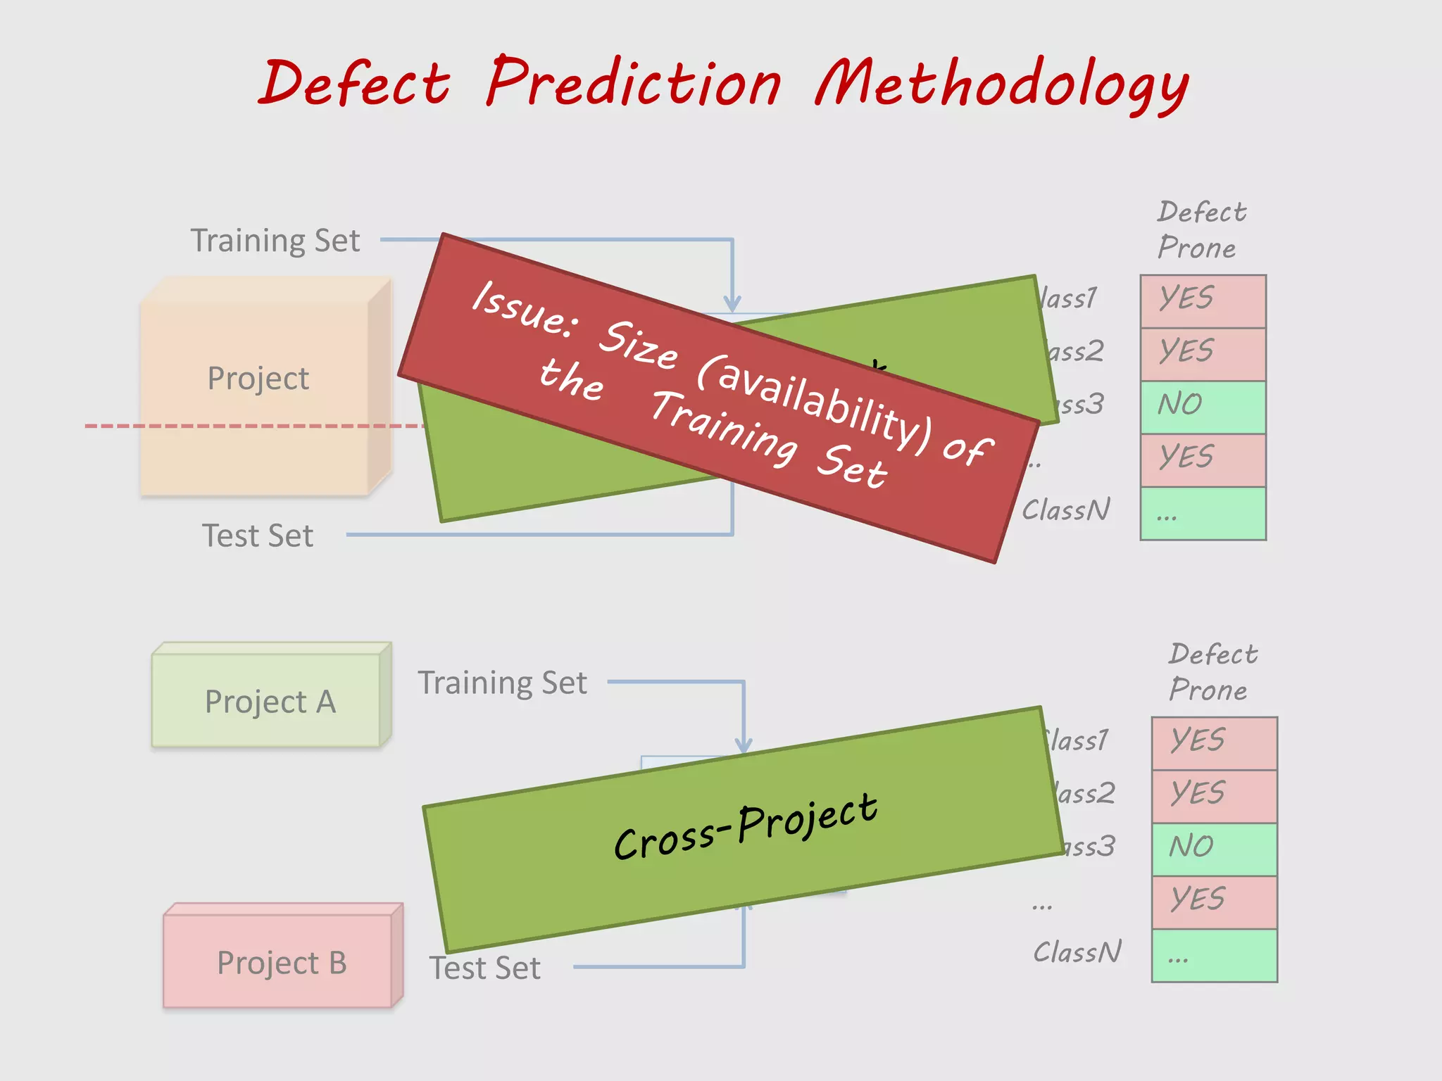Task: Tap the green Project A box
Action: point(270,700)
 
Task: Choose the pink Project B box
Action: point(281,961)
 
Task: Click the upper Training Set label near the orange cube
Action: point(275,241)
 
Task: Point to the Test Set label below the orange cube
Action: point(258,536)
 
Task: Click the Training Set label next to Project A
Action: point(502,683)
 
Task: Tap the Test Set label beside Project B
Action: point(485,968)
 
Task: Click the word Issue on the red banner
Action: point(525,308)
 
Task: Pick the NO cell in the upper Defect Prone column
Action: point(1203,406)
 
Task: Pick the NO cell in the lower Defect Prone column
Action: point(1214,848)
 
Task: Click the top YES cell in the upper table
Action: point(1203,300)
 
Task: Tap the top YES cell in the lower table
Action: point(1214,742)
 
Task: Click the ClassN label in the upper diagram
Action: point(1065,510)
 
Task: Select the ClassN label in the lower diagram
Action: point(1077,952)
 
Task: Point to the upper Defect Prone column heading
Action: point(1200,229)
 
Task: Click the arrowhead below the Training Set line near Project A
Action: point(744,745)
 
